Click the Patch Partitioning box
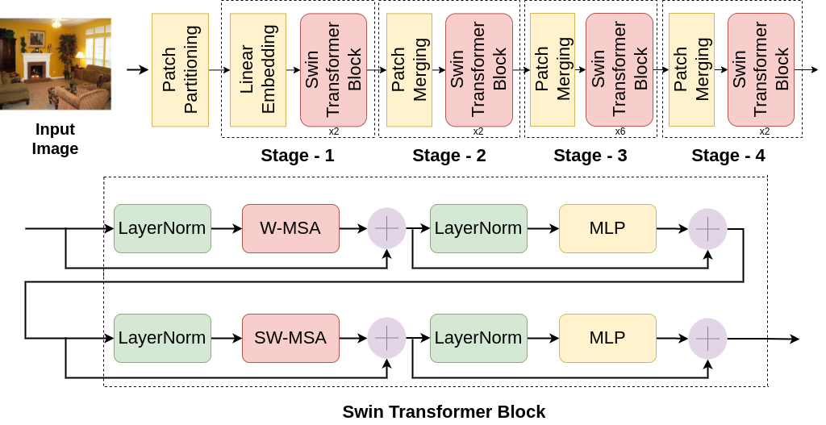point(180,70)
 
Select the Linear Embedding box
point(258,70)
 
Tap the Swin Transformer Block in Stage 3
point(619,70)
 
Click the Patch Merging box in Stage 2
point(409,70)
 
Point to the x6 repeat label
point(619,131)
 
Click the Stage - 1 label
point(297,156)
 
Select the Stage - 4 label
point(728,156)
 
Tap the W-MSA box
point(290,228)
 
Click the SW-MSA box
point(290,338)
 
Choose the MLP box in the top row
point(607,228)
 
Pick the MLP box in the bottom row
point(607,338)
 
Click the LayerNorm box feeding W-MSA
point(162,228)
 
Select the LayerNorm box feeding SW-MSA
point(162,338)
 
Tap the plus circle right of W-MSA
point(387,228)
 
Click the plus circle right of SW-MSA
point(387,338)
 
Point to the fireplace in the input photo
point(35,70)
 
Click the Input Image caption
point(55,139)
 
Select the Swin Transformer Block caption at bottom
point(444,411)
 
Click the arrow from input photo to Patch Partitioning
point(138,70)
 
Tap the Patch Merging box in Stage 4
point(691,70)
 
